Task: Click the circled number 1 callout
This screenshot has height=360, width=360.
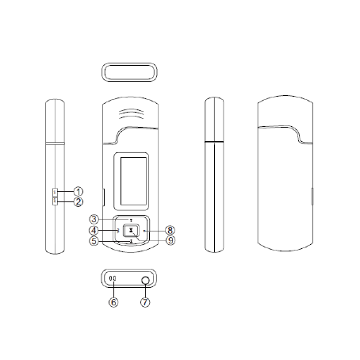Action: pyautogui.click(x=79, y=191)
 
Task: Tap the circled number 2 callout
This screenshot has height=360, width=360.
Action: pyautogui.click(x=79, y=202)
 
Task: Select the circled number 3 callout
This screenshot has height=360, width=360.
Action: pyautogui.click(x=94, y=219)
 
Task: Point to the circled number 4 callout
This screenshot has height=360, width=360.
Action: pyautogui.click(x=94, y=231)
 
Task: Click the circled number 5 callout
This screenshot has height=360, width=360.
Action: pyautogui.click(x=94, y=241)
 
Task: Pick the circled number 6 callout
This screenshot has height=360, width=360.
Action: pyautogui.click(x=113, y=302)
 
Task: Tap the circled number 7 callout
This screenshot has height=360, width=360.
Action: pyautogui.click(x=145, y=302)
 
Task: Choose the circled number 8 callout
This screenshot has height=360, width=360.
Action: pyautogui.click(x=170, y=230)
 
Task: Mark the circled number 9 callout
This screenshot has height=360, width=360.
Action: pyautogui.click(x=170, y=240)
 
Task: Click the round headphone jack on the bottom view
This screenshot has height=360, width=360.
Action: pyautogui.click(x=145, y=280)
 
